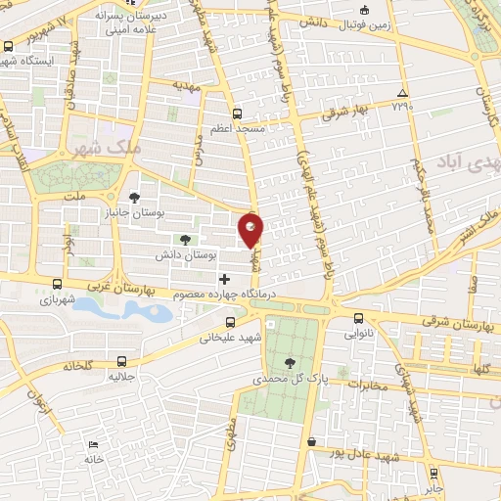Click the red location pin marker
tap(251, 228)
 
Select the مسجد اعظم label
tap(236, 129)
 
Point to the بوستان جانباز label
tap(163, 211)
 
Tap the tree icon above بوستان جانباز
tap(135, 197)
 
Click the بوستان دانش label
tap(185, 254)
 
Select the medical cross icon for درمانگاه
tap(225, 279)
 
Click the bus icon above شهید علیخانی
tap(231, 321)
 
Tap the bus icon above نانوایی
tap(358, 318)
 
